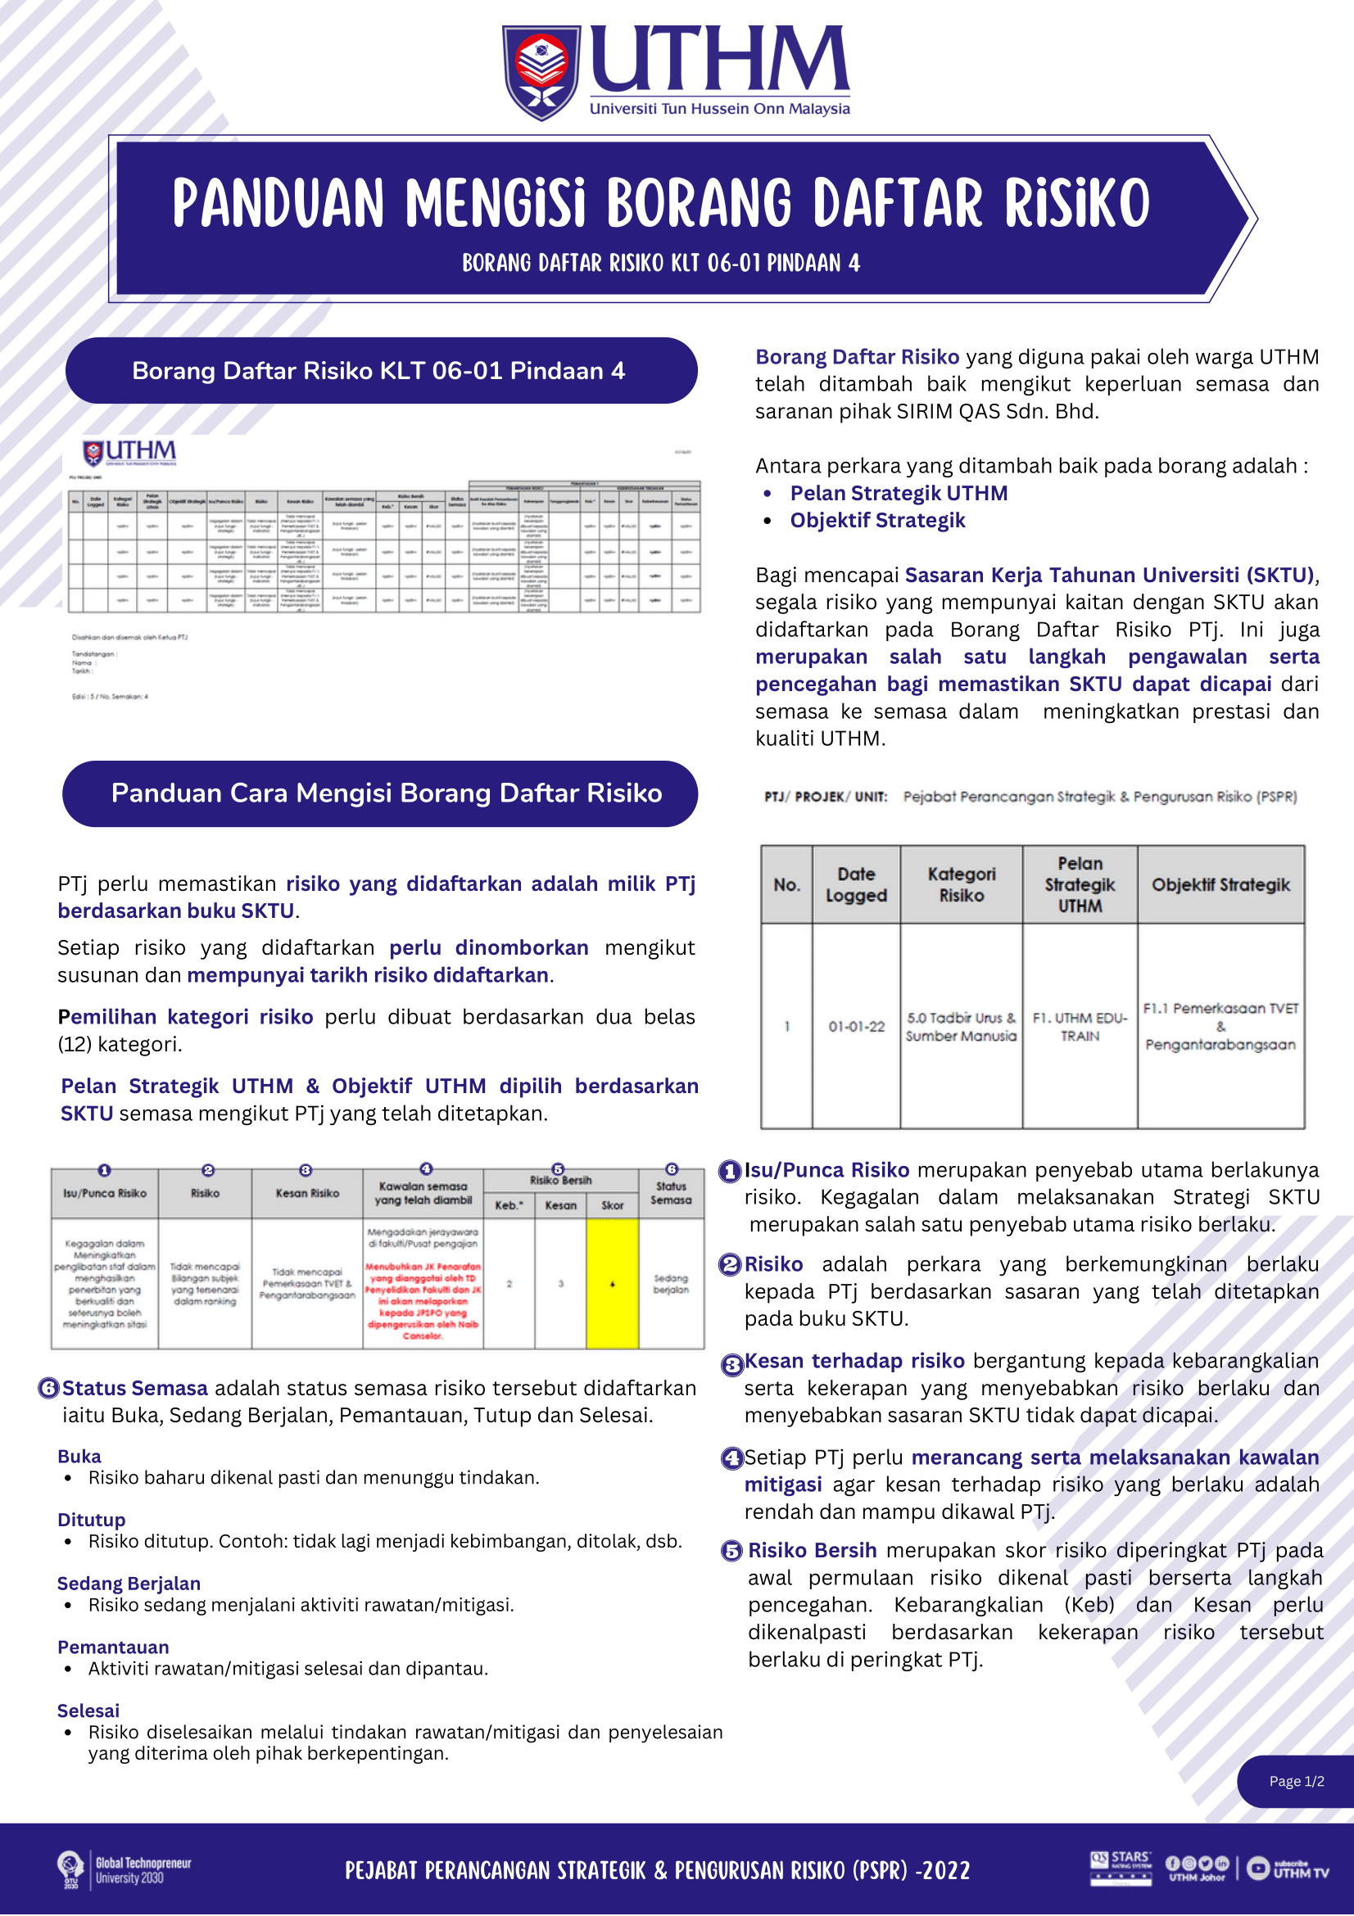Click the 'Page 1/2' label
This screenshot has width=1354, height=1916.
pos(1297,1781)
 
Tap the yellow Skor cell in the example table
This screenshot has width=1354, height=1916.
pos(612,1283)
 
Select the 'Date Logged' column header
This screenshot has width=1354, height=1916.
pos(856,884)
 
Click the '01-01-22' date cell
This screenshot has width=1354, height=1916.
pos(856,1027)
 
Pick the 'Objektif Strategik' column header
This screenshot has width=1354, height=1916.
pos(1220,884)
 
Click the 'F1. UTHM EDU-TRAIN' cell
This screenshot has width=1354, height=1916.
pos(1080,1027)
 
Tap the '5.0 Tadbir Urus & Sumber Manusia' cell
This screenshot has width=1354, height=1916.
pos(961,1027)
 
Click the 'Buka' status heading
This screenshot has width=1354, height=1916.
pos(79,1456)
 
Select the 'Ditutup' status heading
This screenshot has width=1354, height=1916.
pos(91,1520)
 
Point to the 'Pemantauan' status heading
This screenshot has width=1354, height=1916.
pos(113,1647)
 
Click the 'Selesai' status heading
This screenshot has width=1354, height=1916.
pos(88,1710)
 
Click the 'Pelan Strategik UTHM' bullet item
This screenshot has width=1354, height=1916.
pos(899,493)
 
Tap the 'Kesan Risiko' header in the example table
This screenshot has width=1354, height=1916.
pos(307,1193)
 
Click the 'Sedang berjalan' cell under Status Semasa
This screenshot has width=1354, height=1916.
pos(670,1283)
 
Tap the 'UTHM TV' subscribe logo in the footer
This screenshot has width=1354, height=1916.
pos(1288,1869)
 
